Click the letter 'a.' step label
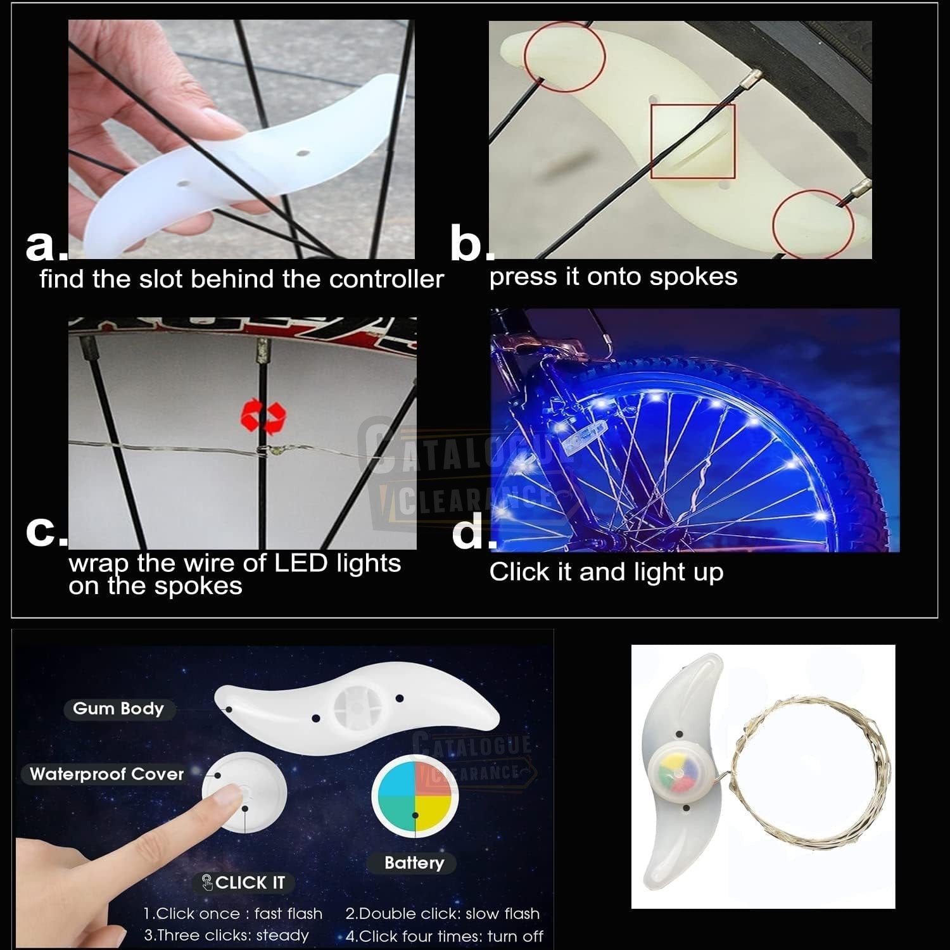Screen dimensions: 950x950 coord(46,246)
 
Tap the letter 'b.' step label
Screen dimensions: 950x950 coord(471,244)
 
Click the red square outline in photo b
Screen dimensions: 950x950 coord(693,141)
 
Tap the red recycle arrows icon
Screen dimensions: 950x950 coord(263,415)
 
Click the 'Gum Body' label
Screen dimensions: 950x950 coord(118,709)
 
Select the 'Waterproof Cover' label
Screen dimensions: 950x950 coord(106,774)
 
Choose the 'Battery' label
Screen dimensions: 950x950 coord(414,863)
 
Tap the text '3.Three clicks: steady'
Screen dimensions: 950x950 coord(226,935)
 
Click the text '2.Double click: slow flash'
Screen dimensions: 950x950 coord(442,913)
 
